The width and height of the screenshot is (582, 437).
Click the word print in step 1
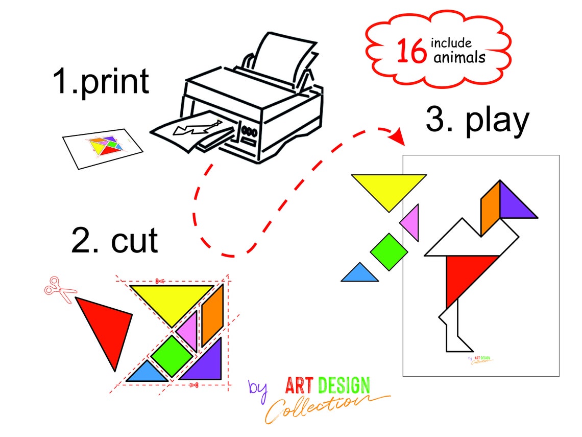pyautogui.click(x=114, y=82)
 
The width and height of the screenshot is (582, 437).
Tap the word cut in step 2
pyautogui.click(x=134, y=240)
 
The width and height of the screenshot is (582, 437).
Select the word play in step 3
pyautogui.click(x=497, y=121)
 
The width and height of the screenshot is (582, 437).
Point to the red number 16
pyautogui.click(x=411, y=51)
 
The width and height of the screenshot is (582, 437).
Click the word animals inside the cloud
pyautogui.click(x=459, y=58)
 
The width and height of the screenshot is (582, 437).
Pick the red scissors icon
pyautogui.click(x=59, y=289)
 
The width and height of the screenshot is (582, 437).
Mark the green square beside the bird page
pyautogui.click(x=389, y=252)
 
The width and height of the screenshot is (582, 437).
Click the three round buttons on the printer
pyautogui.click(x=249, y=131)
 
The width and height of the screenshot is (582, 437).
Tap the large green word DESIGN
pyautogui.click(x=344, y=385)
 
